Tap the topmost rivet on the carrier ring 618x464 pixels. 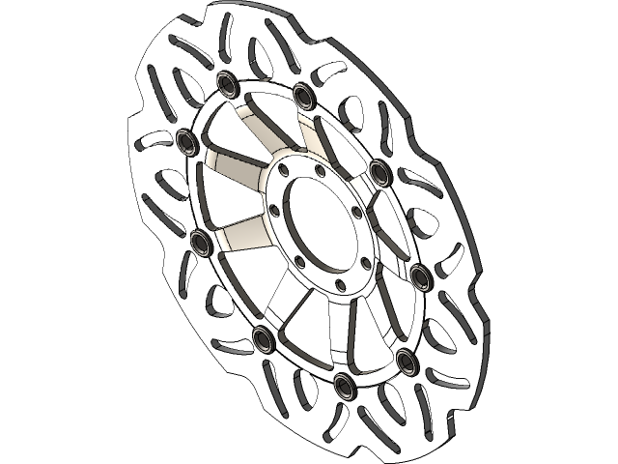pyautogui.click(x=229, y=84)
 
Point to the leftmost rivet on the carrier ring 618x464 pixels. pyautogui.click(x=187, y=137)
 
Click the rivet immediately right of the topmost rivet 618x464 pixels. pyautogui.click(x=306, y=94)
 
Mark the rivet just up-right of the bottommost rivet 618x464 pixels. pyautogui.click(x=406, y=362)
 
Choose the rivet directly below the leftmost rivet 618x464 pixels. pyautogui.click(x=201, y=242)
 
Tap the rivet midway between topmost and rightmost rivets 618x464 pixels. pyautogui.click(x=379, y=171)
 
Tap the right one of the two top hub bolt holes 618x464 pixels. pyautogui.click(x=318, y=171)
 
